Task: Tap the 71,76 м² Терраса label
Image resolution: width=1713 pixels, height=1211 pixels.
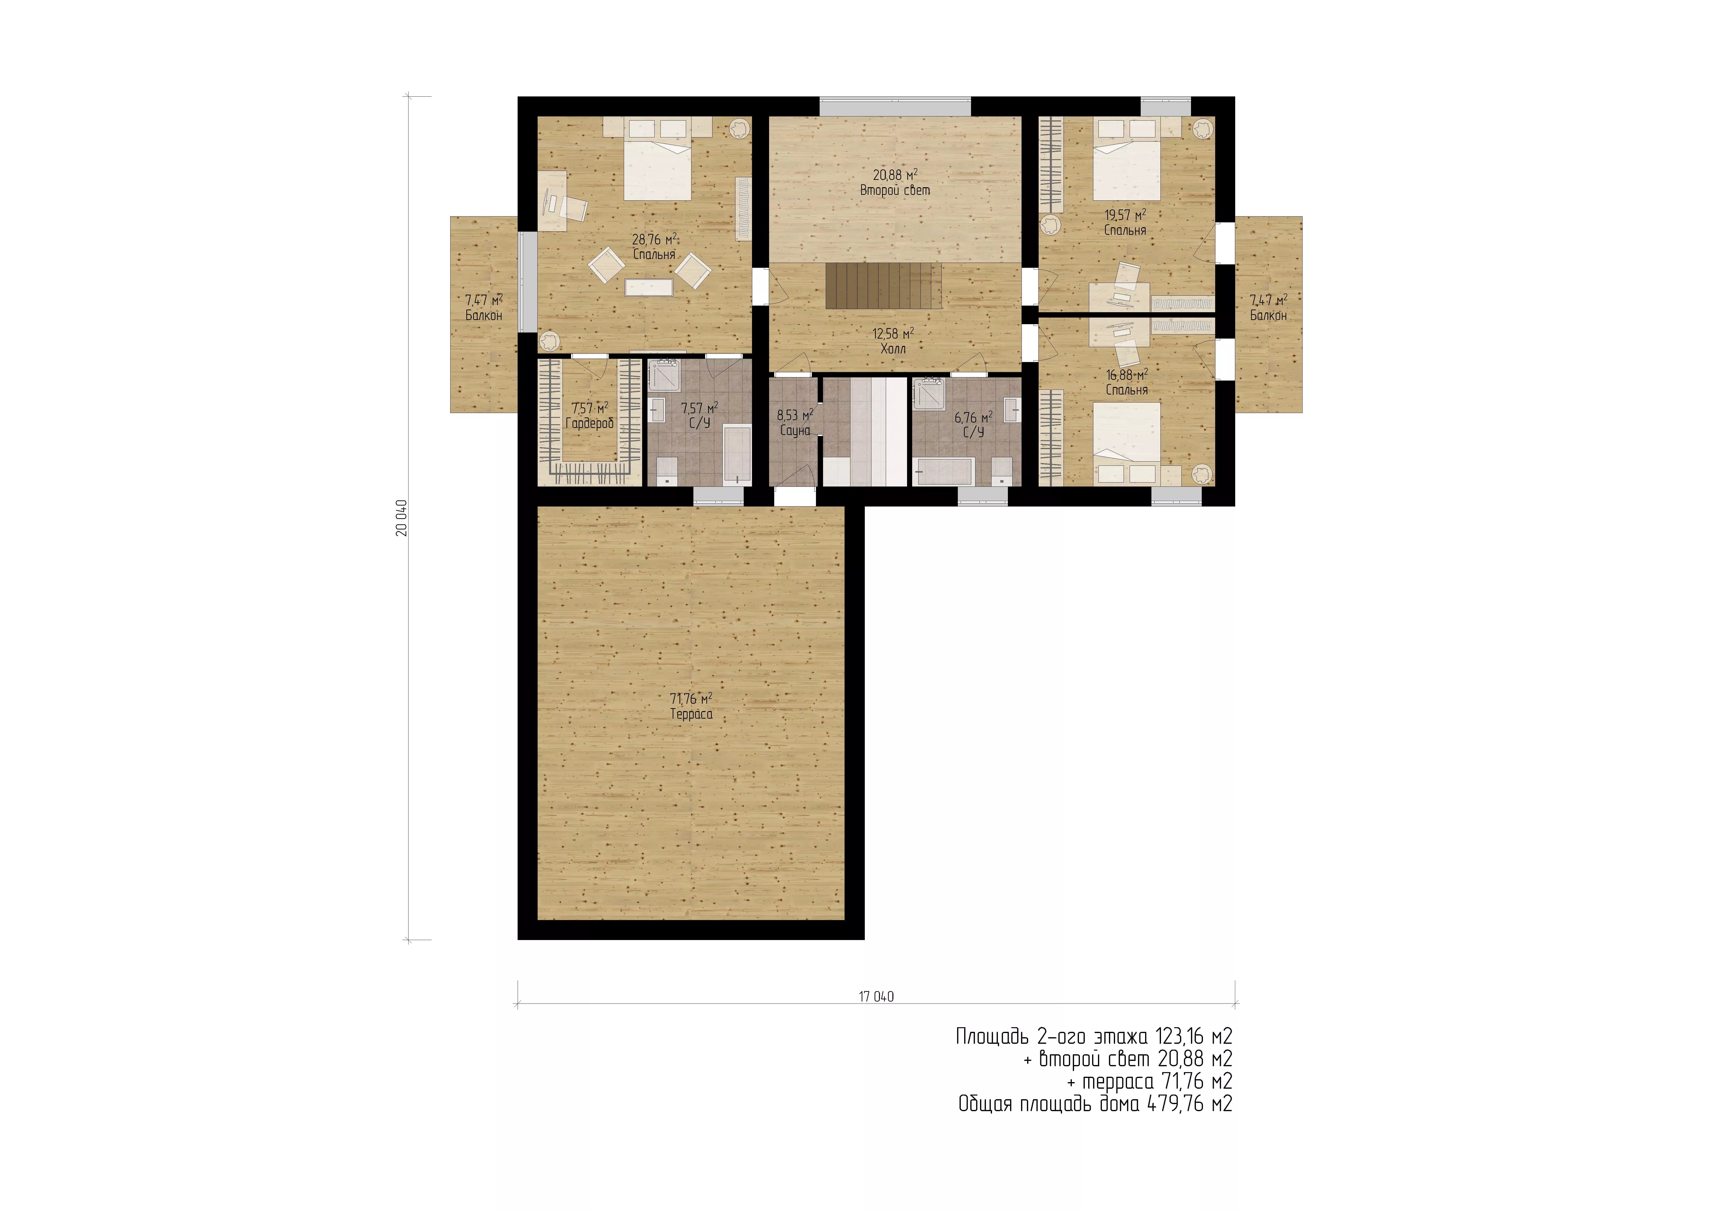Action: pyautogui.click(x=691, y=706)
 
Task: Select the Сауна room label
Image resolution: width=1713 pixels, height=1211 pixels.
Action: pyautogui.click(x=795, y=431)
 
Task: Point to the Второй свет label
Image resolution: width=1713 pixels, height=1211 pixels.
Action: pyautogui.click(x=895, y=190)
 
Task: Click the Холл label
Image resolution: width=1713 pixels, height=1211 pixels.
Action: pyautogui.click(x=893, y=348)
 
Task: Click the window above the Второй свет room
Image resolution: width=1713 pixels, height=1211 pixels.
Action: pyautogui.click(x=895, y=106)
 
